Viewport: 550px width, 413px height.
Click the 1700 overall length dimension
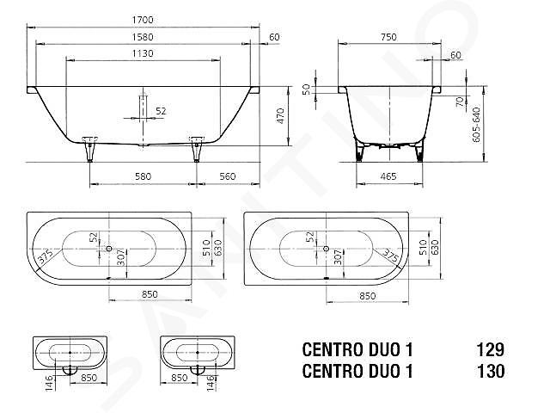143,20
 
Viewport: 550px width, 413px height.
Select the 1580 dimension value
143,37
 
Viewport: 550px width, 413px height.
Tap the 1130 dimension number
143,53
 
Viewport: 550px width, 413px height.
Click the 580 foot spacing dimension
144,176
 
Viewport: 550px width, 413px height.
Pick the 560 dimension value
228,176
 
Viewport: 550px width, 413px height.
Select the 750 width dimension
388,37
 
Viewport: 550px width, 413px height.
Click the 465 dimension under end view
388,176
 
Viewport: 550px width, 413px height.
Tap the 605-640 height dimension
476,125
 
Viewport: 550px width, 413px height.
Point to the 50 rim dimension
306,89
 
